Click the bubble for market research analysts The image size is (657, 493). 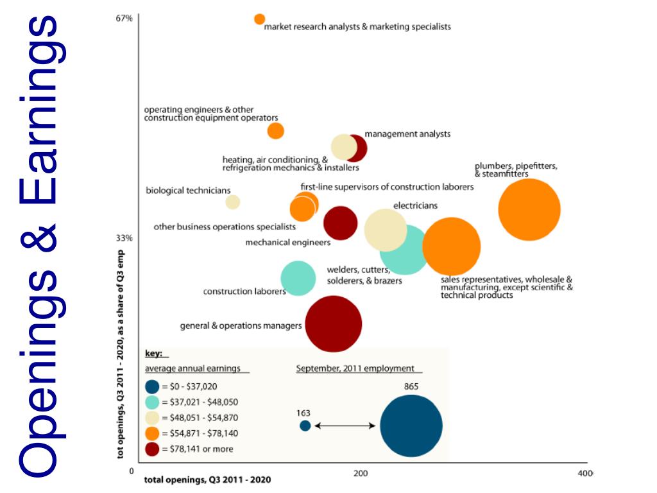pos(259,19)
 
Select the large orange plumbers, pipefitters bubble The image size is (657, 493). pos(529,209)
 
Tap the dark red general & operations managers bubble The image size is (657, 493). pos(333,324)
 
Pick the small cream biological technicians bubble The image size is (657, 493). pos(233,202)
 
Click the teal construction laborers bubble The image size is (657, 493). pos(298,279)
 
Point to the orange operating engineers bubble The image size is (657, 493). pos(275,131)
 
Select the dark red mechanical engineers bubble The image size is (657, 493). pos(340,223)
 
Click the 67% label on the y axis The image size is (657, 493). pos(124,19)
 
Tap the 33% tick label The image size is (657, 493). pos(124,238)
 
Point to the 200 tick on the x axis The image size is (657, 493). pos(361,474)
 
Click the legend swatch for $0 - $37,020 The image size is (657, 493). pos(152,387)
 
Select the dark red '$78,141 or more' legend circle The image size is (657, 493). pos(152,449)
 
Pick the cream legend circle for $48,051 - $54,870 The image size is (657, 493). pos(152,418)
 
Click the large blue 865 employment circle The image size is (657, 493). pos(411,426)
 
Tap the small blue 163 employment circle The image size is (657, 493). pos(305,425)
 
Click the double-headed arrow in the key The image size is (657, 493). pos(345,425)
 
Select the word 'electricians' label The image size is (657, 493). pos(415,206)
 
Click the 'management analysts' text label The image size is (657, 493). pos(407,134)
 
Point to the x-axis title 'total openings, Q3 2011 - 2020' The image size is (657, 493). pos(207,480)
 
